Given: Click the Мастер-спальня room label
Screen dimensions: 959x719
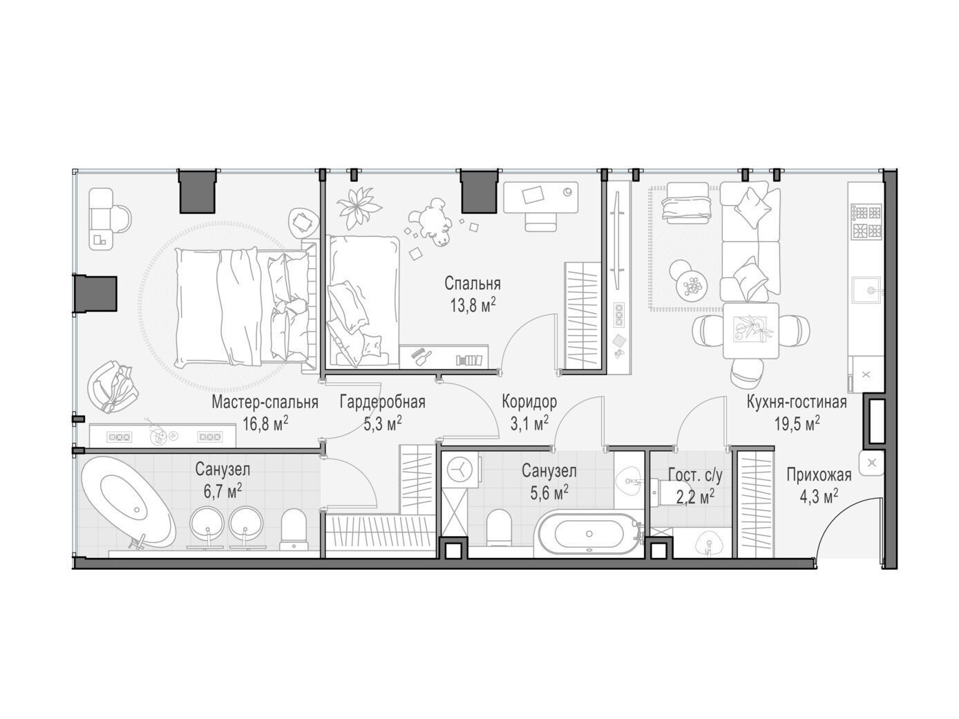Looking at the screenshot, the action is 265,402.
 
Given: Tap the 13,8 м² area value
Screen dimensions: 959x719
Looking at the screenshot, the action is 473,305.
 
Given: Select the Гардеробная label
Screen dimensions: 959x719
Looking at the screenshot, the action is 383,402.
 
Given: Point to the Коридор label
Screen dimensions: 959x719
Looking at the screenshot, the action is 529,401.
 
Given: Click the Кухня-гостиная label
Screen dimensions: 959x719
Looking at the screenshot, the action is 797,402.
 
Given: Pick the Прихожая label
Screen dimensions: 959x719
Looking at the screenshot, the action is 819,474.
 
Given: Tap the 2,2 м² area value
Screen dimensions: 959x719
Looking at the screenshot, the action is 695,497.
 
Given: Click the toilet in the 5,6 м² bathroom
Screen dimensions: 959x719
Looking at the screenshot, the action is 499,527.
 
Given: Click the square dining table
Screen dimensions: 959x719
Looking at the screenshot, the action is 750,330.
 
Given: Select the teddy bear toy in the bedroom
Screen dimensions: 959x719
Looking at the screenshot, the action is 430,222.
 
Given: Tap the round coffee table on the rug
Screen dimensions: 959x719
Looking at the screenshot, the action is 691,289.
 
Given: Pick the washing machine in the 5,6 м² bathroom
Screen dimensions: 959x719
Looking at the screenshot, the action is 459,470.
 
